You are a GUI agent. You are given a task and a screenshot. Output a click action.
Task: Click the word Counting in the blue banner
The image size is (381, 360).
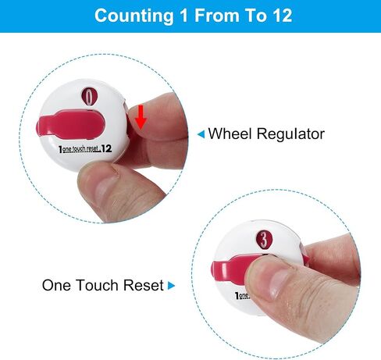pos(134,16)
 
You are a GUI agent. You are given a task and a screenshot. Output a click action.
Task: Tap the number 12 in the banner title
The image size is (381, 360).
pos(283,16)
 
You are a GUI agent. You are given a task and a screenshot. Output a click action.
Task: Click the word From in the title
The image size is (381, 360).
pos(217,16)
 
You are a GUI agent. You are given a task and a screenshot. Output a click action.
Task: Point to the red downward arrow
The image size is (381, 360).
pos(141,117)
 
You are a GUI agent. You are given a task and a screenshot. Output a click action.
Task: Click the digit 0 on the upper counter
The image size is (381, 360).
pos(89,97)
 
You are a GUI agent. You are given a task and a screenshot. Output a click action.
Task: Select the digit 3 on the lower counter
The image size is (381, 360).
pos(264,239)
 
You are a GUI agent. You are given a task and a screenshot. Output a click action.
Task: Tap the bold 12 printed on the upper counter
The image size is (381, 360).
pos(106,148)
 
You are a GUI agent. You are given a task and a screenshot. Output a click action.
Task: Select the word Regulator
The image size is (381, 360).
pos(290,134)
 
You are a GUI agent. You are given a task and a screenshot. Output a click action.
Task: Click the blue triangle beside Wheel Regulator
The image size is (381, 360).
pos(201,134)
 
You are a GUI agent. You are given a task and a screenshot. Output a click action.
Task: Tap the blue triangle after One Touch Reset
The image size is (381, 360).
pos(171,286)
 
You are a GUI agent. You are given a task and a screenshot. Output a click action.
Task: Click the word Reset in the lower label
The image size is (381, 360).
pos(144,285)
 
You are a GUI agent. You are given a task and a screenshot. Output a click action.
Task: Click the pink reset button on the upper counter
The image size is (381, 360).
pos(72,123)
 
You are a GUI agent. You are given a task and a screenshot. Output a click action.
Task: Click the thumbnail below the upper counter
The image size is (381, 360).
pos(104,191)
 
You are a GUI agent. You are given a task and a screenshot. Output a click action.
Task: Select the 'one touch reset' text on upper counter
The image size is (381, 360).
pos(81,149)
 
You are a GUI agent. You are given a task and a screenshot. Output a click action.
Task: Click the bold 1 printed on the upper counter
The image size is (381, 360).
pos(60,149)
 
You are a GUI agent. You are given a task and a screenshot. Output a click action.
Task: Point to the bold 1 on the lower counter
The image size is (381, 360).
pos(237,295)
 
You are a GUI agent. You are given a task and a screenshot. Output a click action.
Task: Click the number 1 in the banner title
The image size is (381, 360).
pos(183,16)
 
